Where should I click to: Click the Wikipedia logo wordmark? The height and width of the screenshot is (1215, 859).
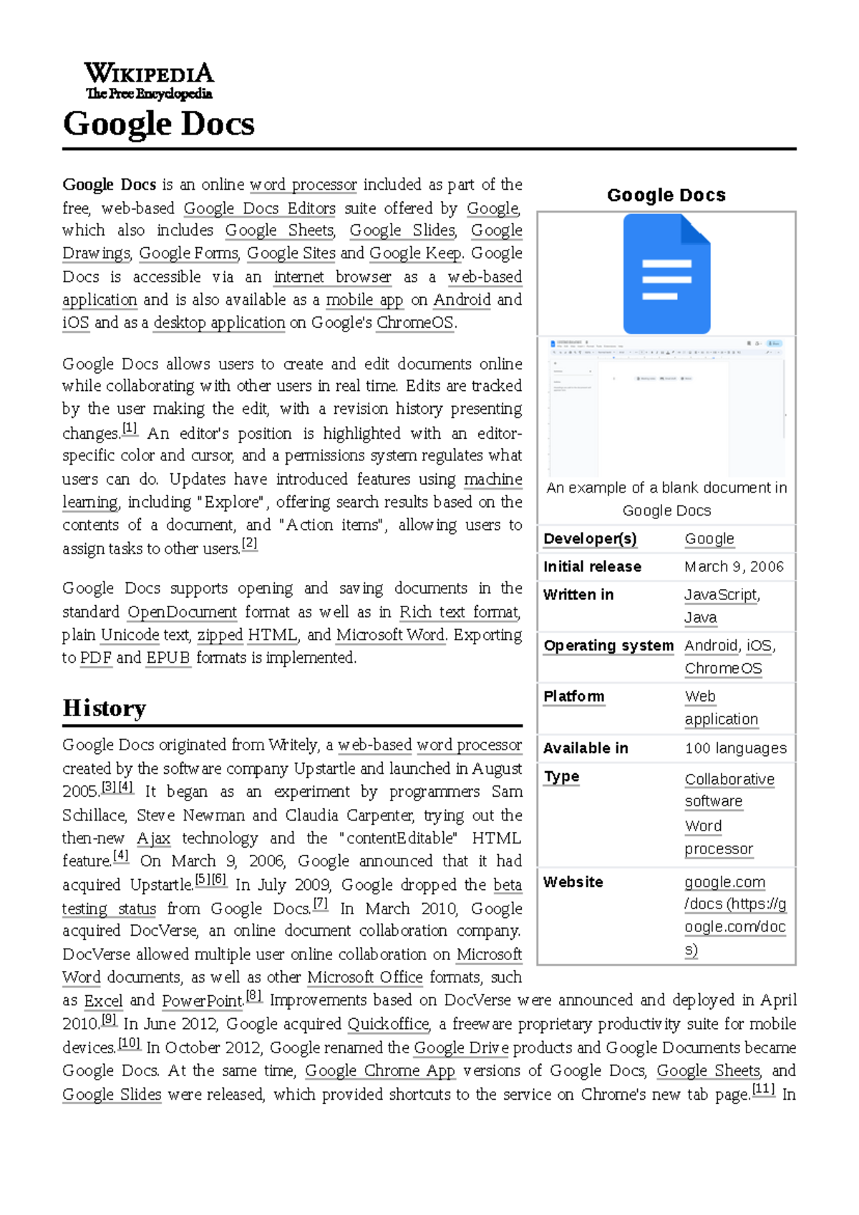pyautogui.click(x=149, y=80)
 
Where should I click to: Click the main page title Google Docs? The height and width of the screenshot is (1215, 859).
pyautogui.click(x=158, y=124)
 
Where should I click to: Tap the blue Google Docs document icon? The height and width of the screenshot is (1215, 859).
pyautogui.click(x=666, y=274)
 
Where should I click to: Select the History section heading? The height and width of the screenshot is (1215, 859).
pyautogui.click(x=105, y=708)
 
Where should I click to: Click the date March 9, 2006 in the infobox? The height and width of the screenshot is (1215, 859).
pyautogui.click(x=734, y=567)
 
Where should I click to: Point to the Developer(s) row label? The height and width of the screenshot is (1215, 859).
pyautogui.click(x=590, y=539)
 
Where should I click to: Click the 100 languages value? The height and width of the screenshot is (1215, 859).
pyautogui.click(x=735, y=748)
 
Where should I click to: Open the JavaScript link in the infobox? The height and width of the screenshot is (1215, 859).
pyautogui.click(x=721, y=595)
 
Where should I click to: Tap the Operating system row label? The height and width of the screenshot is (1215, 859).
pyautogui.click(x=608, y=646)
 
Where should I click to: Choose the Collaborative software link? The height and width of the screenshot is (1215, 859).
pyautogui.click(x=729, y=780)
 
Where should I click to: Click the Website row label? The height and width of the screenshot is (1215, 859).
pyautogui.click(x=573, y=882)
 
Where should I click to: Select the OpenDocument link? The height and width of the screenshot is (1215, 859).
pyautogui.click(x=182, y=612)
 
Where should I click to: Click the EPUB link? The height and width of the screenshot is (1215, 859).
pyautogui.click(x=168, y=658)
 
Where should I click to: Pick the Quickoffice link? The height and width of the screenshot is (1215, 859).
pyautogui.click(x=388, y=1025)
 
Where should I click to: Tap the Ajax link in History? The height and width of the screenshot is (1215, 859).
pyautogui.click(x=153, y=838)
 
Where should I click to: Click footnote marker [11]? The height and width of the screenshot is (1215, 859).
pyautogui.click(x=763, y=1090)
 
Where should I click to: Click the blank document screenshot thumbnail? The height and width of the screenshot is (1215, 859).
pyautogui.click(x=666, y=407)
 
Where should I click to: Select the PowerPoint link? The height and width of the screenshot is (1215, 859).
pyautogui.click(x=203, y=1001)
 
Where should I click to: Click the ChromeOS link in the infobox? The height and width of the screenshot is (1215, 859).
pyautogui.click(x=723, y=669)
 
